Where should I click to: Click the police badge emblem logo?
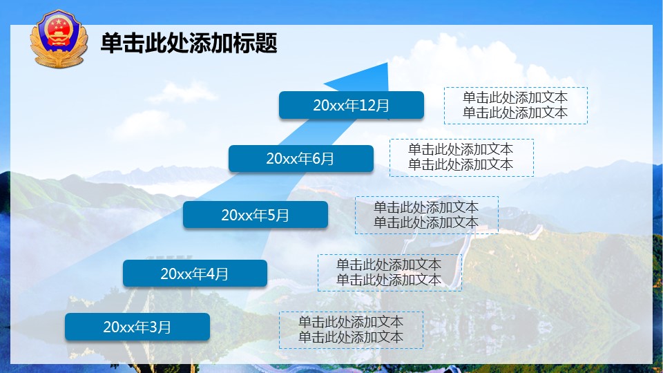[59, 39]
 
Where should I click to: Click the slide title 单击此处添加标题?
[189, 43]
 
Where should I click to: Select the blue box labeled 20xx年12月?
[352, 105]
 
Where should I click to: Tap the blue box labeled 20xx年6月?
[301, 159]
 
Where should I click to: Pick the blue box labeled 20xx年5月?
[256, 215]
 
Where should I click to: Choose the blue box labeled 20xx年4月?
[195, 274]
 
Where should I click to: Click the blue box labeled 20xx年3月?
[137, 327]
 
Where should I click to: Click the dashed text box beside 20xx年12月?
[516, 106]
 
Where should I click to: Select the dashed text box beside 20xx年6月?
[461, 157]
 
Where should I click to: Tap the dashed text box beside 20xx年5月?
[427, 215]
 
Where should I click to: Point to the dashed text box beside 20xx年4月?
[390, 272]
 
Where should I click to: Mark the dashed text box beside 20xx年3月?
[351, 330]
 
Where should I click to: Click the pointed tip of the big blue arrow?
[387, 63]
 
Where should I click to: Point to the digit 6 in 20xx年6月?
[316, 159]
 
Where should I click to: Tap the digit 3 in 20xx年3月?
[153, 327]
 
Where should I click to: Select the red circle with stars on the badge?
[58, 29]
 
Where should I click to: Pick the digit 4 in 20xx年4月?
[211, 274]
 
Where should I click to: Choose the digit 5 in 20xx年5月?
[271, 216]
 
